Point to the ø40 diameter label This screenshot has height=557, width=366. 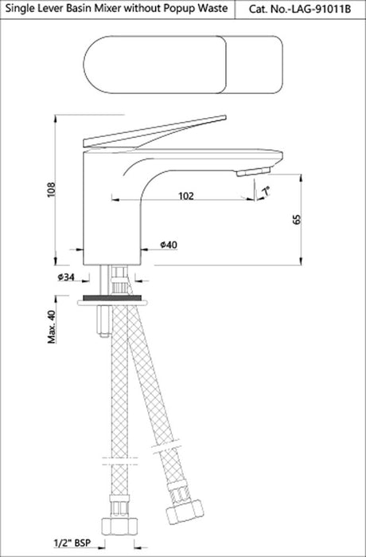point(167,245)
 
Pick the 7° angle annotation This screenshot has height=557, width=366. point(266,190)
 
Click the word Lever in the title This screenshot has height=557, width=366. point(48,10)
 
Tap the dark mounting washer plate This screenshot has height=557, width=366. point(115,301)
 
